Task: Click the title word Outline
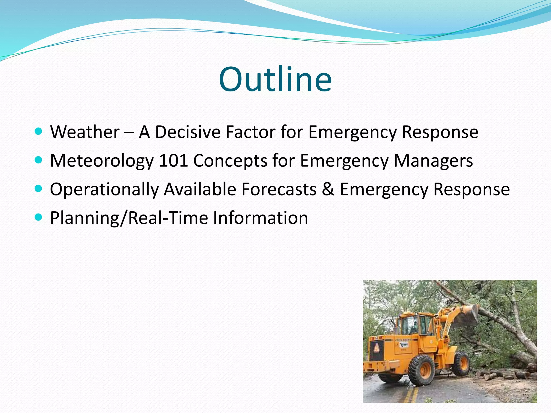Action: (275, 80)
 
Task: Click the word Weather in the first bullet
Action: (85, 132)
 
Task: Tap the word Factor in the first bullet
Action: (250, 132)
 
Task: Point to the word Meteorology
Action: (102, 161)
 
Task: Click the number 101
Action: (173, 161)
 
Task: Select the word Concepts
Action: (230, 161)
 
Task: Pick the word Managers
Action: (433, 161)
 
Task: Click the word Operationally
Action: (104, 190)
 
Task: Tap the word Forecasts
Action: (279, 189)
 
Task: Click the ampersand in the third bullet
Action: (328, 189)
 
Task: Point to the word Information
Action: (260, 218)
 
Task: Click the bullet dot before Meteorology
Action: (39, 160)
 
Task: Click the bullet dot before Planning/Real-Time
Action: (39, 217)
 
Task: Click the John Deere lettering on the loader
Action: (403, 340)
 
